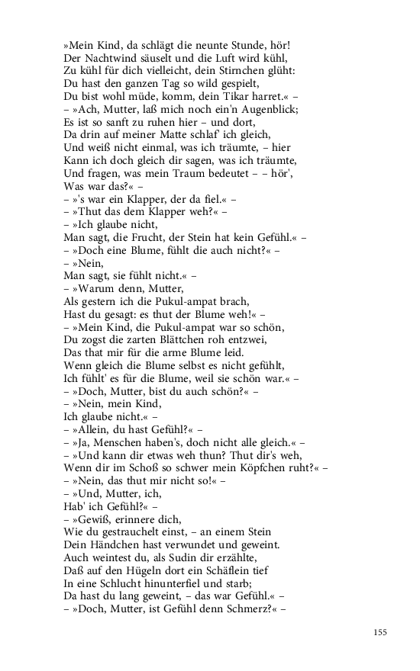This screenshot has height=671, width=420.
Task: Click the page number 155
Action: [x=380, y=631]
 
